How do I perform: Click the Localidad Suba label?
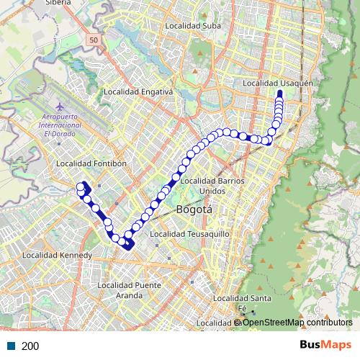point(193,26)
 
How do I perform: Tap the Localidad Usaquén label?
point(277,84)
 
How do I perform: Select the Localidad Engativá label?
point(138,91)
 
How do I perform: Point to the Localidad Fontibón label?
point(91,163)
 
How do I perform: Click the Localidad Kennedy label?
point(57,255)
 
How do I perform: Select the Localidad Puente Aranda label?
point(128,290)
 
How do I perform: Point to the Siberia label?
point(57,3)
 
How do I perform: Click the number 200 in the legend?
point(30,346)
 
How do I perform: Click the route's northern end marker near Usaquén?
point(279,94)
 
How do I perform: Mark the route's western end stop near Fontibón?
point(81,187)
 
